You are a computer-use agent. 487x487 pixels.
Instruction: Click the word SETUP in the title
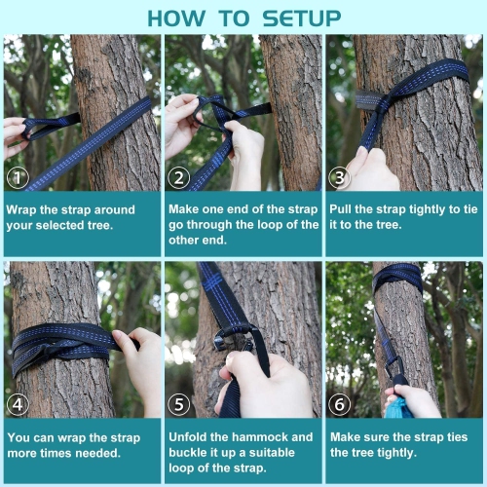[292, 19]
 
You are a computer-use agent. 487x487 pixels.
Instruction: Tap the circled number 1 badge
[19, 176]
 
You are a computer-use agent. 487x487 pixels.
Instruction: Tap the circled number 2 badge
[179, 176]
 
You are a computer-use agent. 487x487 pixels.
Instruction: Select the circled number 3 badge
[340, 176]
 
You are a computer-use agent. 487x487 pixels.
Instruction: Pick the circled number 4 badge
[19, 402]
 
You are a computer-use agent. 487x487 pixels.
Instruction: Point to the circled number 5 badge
[179, 402]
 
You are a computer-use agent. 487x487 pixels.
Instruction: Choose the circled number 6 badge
[340, 402]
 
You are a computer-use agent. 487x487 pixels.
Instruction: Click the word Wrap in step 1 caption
[23, 208]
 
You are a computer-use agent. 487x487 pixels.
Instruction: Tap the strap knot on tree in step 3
[394, 97]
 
